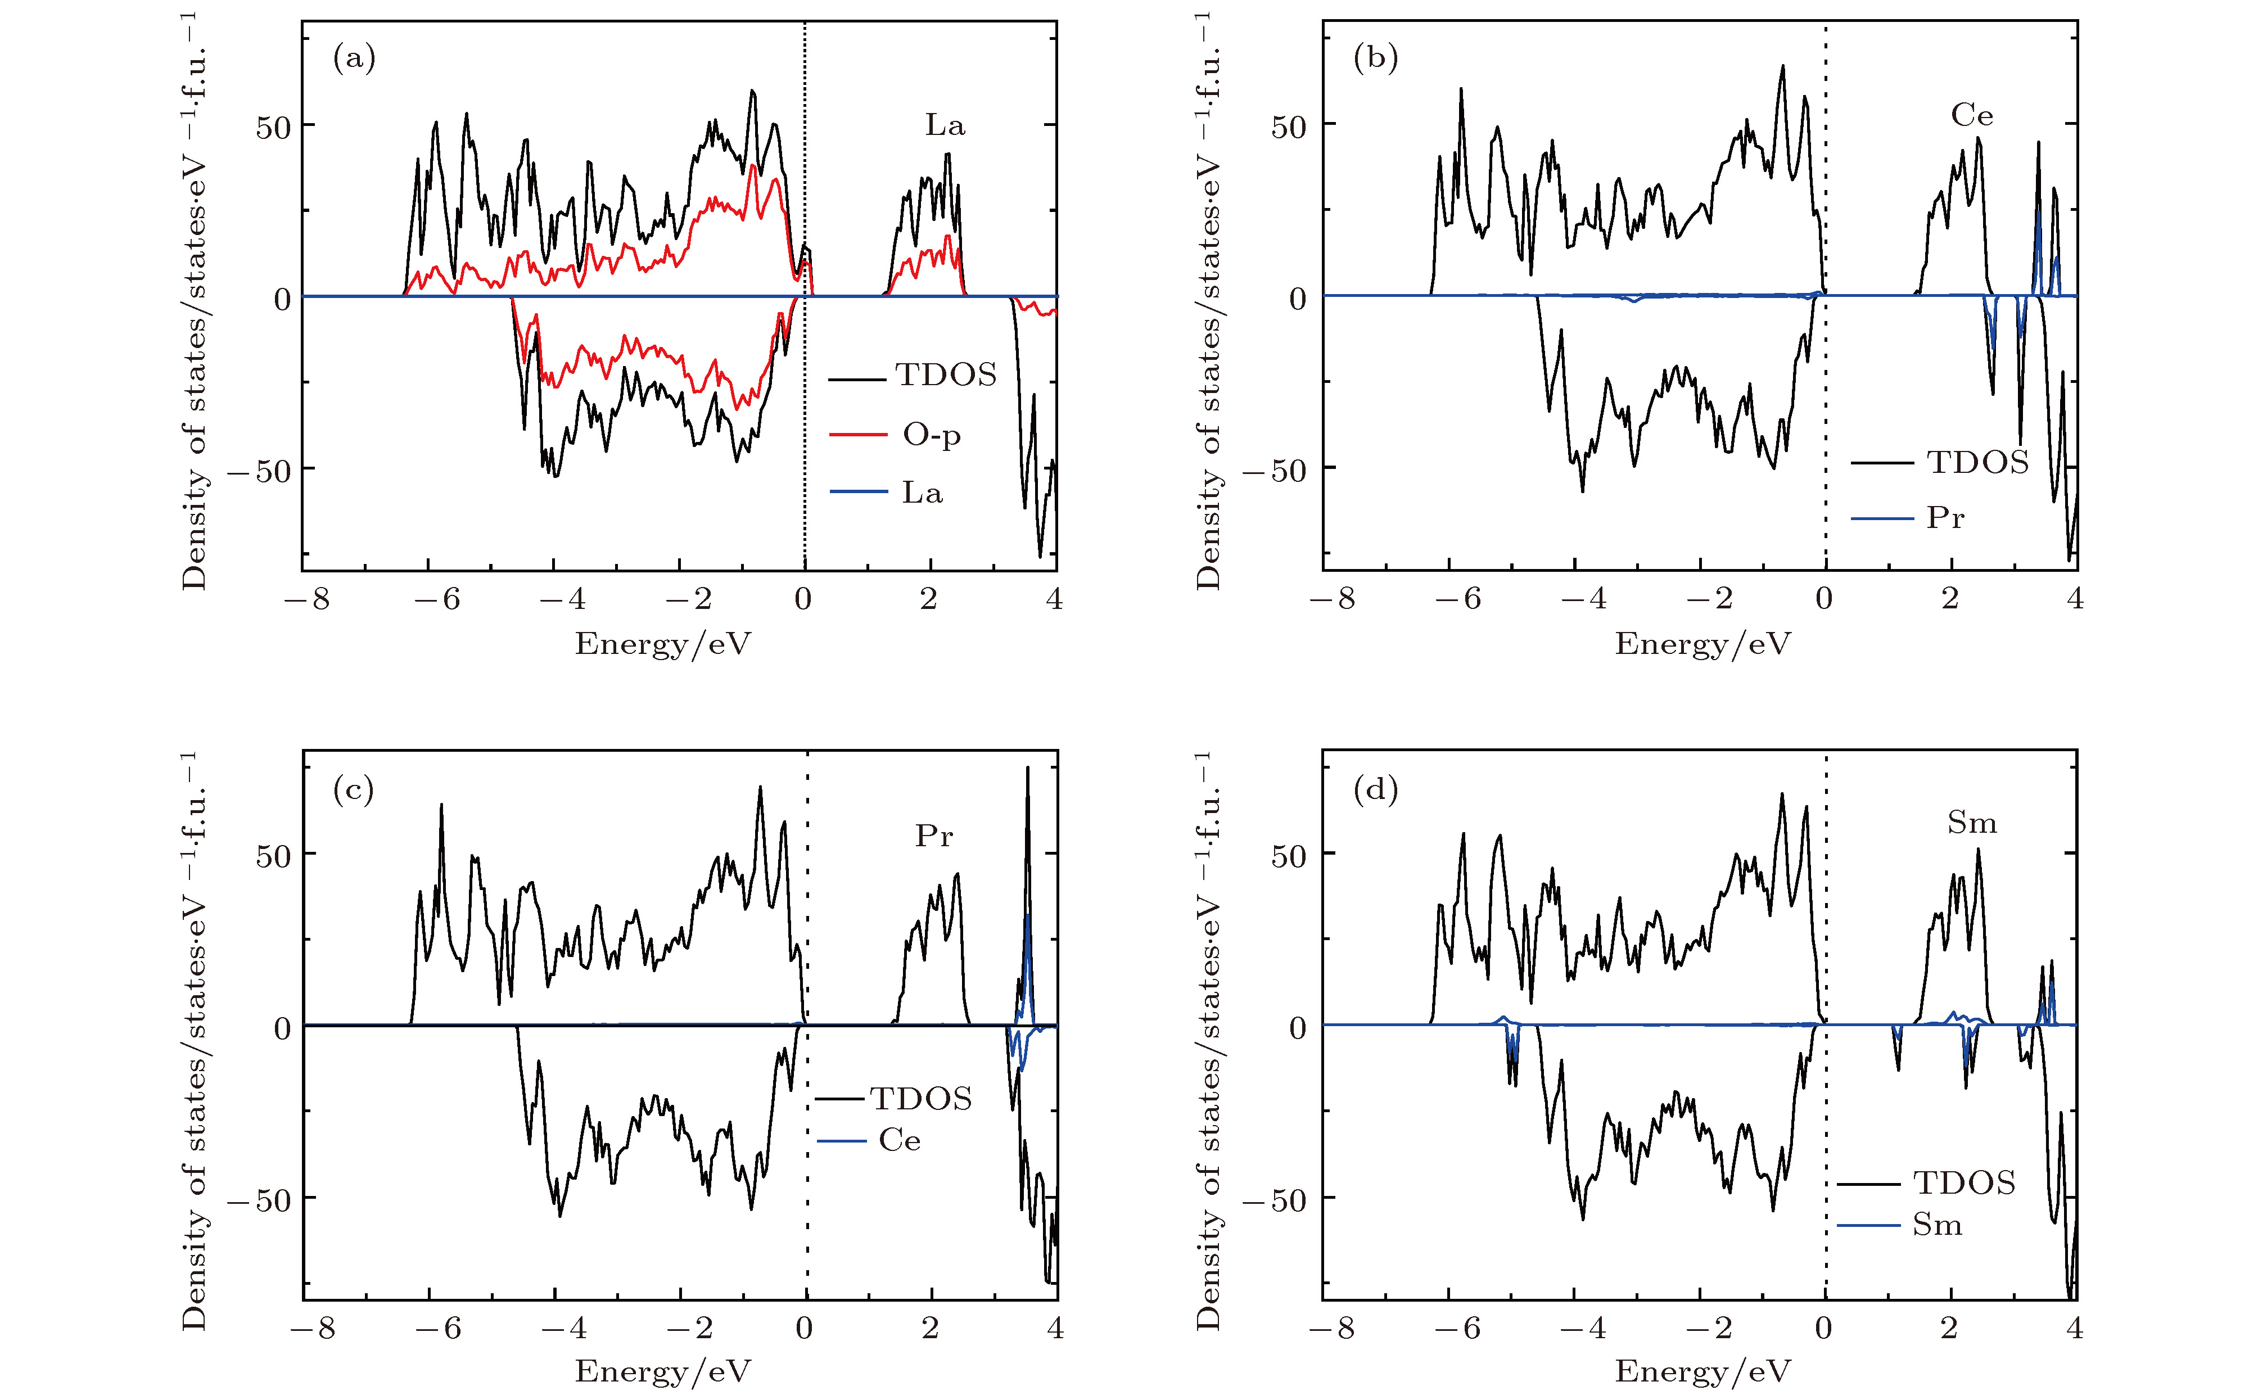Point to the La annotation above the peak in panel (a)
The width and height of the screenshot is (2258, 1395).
[945, 125]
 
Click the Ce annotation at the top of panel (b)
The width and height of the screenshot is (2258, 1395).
[1972, 116]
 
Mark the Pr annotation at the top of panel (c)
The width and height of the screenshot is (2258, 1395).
[933, 836]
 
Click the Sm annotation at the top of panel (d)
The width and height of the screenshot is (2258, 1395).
[1972, 823]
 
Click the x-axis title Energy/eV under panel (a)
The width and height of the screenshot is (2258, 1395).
[662, 644]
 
